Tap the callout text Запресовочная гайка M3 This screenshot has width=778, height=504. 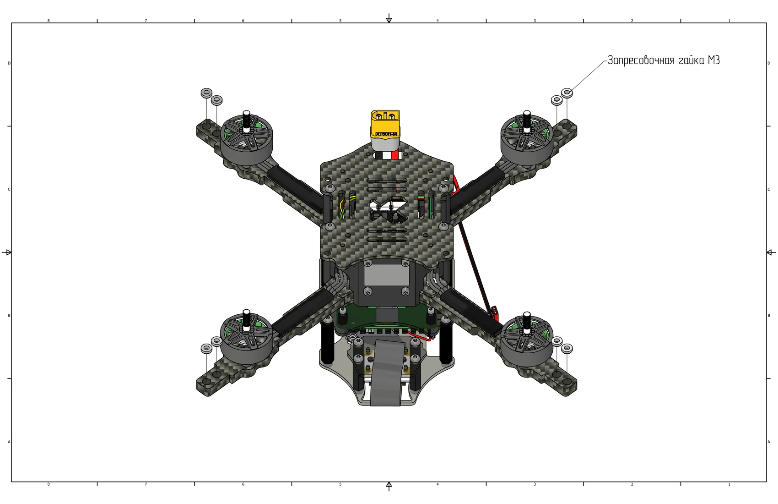(x=664, y=60)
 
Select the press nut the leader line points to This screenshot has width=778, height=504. (x=567, y=93)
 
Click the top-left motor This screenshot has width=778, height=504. (x=247, y=139)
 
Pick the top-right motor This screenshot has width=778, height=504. (x=527, y=139)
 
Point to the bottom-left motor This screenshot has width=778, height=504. (x=247, y=338)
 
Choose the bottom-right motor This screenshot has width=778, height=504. (x=527, y=340)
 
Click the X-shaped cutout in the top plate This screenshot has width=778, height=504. (x=388, y=209)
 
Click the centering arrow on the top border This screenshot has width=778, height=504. (x=389, y=18)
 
